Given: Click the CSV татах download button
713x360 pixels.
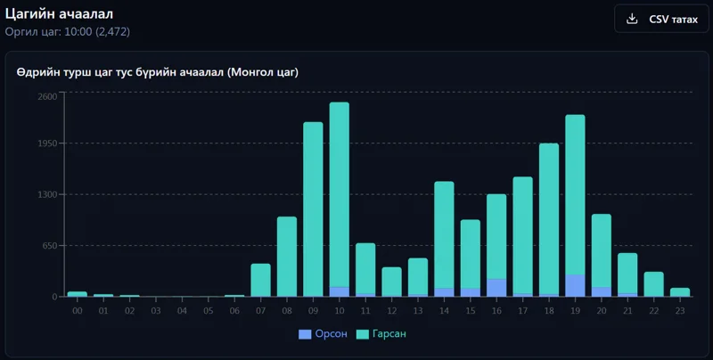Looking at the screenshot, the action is pyautogui.click(x=661, y=19).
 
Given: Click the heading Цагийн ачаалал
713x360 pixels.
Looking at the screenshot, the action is pyautogui.click(x=59, y=13).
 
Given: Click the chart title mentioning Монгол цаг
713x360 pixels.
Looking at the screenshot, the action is pyautogui.click(x=158, y=72).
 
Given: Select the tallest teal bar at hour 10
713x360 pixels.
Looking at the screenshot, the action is pyautogui.click(x=340, y=194).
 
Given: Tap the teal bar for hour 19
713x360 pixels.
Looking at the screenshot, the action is pyautogui.click(x=575, y=194).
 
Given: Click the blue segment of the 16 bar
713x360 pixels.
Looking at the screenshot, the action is pyautogui.click(x=496, y=288).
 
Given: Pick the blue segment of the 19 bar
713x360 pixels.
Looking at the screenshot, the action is pyautogui.click(x=575, y=285).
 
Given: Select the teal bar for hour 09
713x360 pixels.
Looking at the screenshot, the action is pyautogui.click(x=314, y=209).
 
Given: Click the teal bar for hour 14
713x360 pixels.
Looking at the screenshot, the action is pyautogui.click(x=444, y=235).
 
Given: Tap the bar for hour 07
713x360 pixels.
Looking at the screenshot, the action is pyautogui.click(x=260, y=280).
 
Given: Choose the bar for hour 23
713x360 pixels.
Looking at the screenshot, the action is pyautogui.click(x=680, y=292).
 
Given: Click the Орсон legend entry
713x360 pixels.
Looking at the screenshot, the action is pyautogui.click(x=323, y=334).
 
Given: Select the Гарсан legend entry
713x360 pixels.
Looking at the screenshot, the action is pyautogui.click(x=381, y=334).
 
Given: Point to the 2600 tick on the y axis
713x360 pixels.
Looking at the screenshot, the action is pyautogui.click(x=47, y=96).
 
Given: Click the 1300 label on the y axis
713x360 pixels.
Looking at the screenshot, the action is pyautogui.click(x=47, y=194).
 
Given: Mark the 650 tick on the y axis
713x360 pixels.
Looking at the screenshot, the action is pyautogui.click(x=51, y=246).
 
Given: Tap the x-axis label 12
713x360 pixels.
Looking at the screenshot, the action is pyautogui.click(x=392, y=311).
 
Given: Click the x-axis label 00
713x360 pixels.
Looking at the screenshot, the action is pyautogui.click(x=78, y=311).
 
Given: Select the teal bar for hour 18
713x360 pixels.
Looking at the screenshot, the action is pyautogui.click(x=549, y=219).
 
